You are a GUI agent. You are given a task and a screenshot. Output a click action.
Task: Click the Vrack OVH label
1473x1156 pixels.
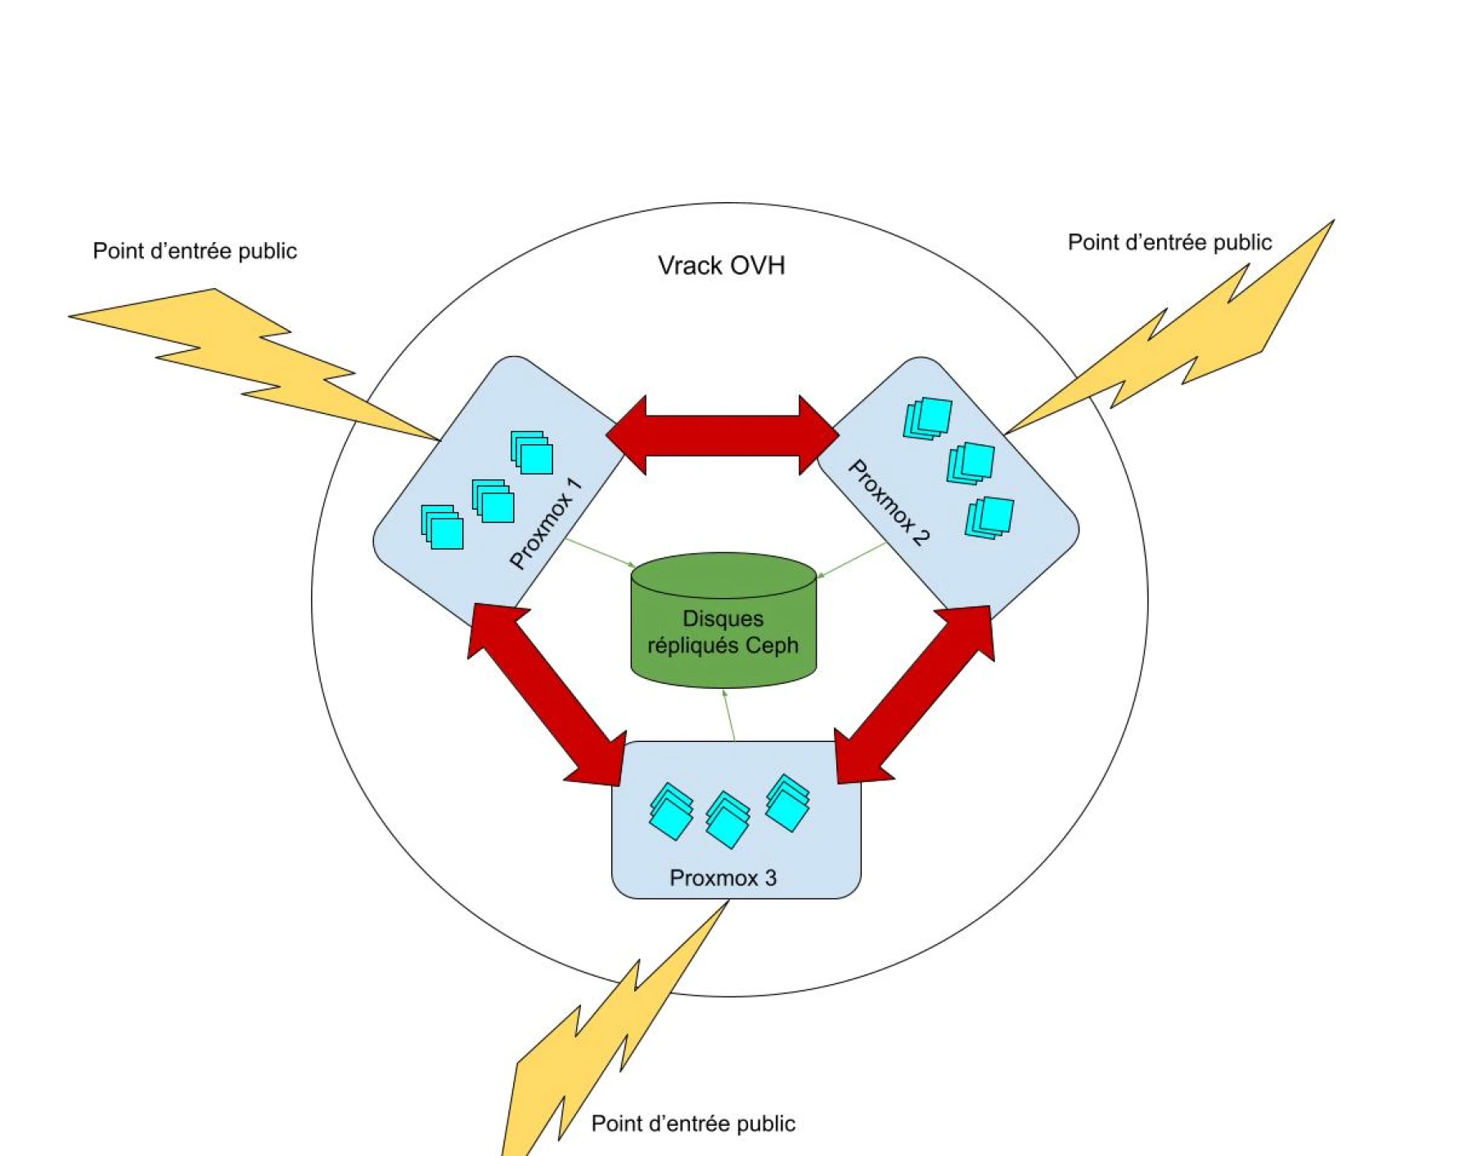pyautogui.click(x=721, y=266)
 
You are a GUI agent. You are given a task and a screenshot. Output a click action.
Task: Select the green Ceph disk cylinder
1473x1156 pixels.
pyautogui.click(x=723, y=622)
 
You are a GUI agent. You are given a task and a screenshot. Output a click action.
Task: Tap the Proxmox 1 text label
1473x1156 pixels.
pyautogui.click(x=545, y=524)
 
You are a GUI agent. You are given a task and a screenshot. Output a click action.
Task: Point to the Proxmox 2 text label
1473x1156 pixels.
pyautogui.click(x=889, y=502)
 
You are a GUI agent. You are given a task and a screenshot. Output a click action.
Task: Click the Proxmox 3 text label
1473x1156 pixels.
pyautogui.click(x=723, y=878)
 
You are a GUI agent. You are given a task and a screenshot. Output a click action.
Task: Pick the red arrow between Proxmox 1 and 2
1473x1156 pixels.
pyautogui.click(x=723, y=435)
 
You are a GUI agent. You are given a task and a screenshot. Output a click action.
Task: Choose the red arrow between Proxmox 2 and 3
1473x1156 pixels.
pyautogui.click(x=913, y=695)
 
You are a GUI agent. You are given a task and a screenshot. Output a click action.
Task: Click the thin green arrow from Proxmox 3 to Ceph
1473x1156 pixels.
pyautogui.click(x=730, y=716)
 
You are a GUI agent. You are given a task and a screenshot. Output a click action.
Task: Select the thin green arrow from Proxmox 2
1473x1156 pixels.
pyautogui.click(x=852, y=560)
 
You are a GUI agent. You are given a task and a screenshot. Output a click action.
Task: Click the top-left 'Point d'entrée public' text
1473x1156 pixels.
pyautogui.click(x=195, y=251)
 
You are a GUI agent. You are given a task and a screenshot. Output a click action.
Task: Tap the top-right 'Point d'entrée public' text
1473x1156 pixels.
pyautogui.click(x=1169, y=243)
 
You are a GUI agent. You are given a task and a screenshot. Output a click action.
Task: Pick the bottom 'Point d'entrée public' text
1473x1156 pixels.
pyautogui.click(x=693, y=1124)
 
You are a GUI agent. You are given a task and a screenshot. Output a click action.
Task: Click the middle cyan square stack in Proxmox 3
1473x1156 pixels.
pyautogui.click(x=727, y=819)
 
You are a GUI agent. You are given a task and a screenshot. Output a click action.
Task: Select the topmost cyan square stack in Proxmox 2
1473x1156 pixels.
pyautogui.click(x=928, y=418)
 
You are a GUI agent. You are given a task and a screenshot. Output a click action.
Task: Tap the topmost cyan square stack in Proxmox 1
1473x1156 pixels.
pyautogui.click(x=532, y=452)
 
